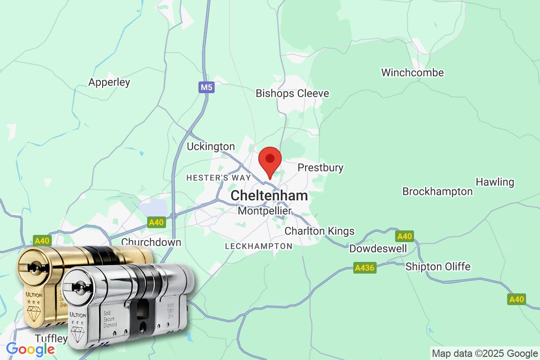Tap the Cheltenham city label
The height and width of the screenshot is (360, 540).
coord(269,196)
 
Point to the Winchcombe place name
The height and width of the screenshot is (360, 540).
coord(412,72)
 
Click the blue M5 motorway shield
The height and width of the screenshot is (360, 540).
coord(206,87)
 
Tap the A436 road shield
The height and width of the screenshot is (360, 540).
coord(364,268)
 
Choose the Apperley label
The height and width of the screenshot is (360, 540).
coord(109,82)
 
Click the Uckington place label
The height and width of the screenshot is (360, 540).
coord(211,147)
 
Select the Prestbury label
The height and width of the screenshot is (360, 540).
coord(320,168)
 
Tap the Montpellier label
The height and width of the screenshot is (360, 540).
coord(265,211)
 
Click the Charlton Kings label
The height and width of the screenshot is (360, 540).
coord(319,231)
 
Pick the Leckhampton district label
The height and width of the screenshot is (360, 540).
coord(258,246)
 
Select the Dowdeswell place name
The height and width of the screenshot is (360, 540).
coord(378,248)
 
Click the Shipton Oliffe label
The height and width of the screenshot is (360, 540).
coord(438,266)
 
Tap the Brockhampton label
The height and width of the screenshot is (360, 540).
coord(437,192)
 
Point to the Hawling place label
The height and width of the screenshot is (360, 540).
coord(495,182)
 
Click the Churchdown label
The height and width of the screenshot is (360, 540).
coord(151,242)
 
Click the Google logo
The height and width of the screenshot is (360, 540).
coord(30,349)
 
